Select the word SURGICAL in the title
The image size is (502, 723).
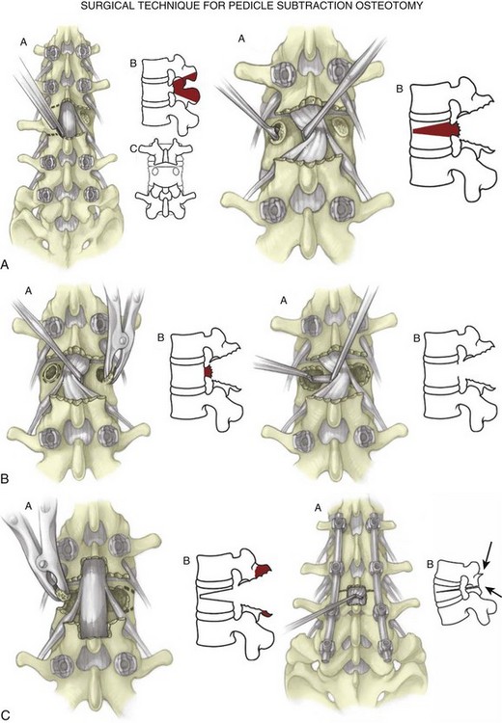pos(102,6)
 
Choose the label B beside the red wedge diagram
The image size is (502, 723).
pos(400,89)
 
